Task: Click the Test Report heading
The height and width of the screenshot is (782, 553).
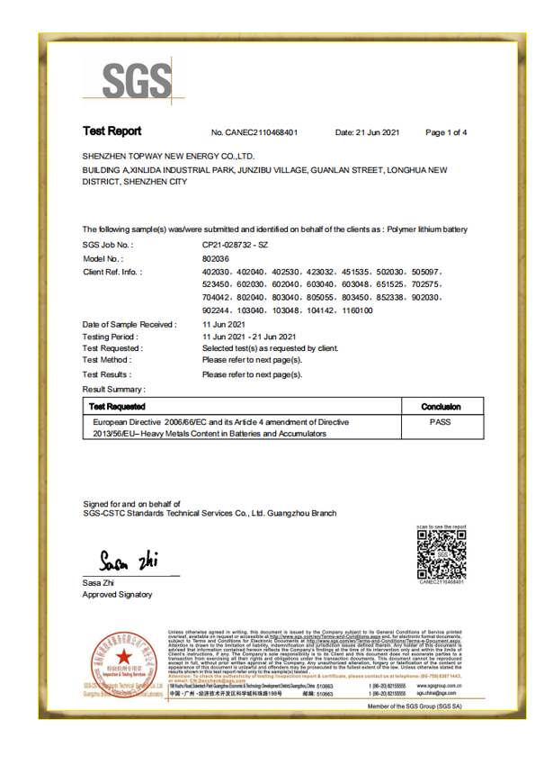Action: pyautogui.click(x=111, y=132)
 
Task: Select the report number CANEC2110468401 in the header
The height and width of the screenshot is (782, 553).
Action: pyautogui.click(x=254, y=133)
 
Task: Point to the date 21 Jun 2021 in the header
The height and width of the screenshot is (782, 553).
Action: pyautogui.click(x=367, y=133)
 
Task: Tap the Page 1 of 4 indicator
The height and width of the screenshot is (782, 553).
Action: pyautogui.click(x=446, y=133)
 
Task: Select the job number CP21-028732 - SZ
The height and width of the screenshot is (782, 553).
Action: pyautogui.click(x=235, y=244)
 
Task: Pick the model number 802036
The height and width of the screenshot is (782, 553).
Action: pyautogui.click(x=217, y=257)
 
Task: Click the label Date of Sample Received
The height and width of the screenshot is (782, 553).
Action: pyautogui.click(x=129, y=322)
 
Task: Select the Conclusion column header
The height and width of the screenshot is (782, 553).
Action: pyautogui.click(x=440, y=407)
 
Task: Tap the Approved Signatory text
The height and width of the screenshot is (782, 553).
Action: pyautogui.click(x=117, y=595)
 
